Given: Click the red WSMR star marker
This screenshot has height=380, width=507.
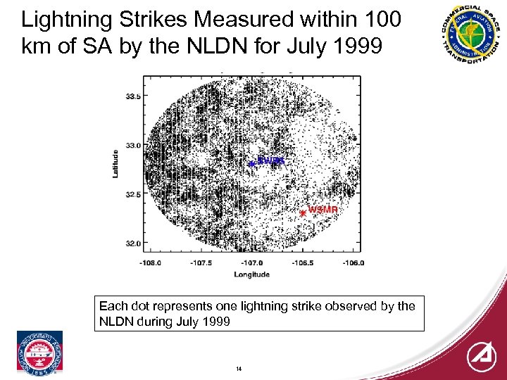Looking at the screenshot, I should [303, 213].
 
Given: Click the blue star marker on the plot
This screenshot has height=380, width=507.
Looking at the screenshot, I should [251, 164].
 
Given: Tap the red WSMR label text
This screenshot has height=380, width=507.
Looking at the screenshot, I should [323, 210].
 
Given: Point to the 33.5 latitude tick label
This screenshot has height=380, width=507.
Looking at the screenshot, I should [132, 96].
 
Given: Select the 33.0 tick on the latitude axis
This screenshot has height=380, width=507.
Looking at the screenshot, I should [132, 145].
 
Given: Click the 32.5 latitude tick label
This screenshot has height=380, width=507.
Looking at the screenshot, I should [132, 194].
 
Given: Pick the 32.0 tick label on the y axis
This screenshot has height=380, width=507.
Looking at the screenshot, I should [132, 243].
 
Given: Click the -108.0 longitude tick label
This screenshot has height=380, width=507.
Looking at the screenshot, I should [150, 263].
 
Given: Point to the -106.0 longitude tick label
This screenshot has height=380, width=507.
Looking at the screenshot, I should [353, 263].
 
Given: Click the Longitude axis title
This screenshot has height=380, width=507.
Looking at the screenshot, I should [251, 274].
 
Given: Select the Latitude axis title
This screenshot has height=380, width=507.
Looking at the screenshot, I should [116, 163].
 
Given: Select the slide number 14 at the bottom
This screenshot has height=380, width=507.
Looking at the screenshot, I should [239, 369].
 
